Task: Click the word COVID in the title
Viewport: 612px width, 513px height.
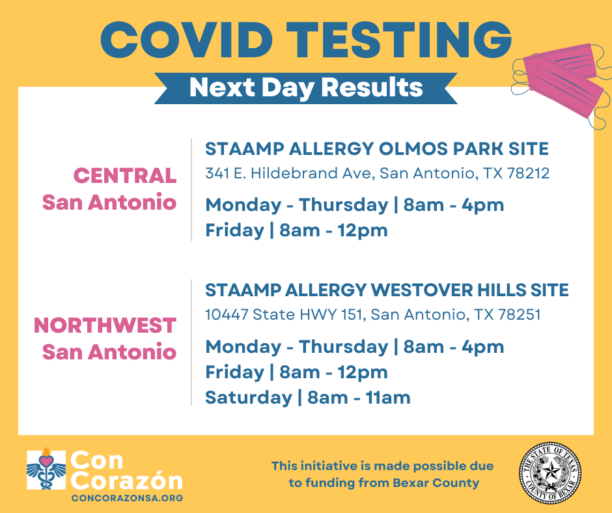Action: (187, 40)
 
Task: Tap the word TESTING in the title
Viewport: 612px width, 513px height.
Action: (399, 40)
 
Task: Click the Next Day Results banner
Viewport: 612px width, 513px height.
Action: (306, 88)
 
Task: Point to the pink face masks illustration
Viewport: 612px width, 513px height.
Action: (561, 85)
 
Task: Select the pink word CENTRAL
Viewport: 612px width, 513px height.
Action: (125, 175)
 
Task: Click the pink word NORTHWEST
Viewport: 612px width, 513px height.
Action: (105, 326)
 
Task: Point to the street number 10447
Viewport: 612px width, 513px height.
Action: (227, 314)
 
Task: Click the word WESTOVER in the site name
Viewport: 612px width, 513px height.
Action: (416, 290)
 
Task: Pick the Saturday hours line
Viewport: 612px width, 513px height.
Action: (308, 397)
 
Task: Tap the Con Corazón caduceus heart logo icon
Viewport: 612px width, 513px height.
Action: (46, 469)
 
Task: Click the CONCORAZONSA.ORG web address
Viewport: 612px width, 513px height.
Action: (127, 498)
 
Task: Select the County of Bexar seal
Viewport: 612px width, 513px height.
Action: (550, 473)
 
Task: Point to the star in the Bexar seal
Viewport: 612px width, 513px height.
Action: (550, 471)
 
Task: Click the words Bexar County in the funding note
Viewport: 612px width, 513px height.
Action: (436, 483)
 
